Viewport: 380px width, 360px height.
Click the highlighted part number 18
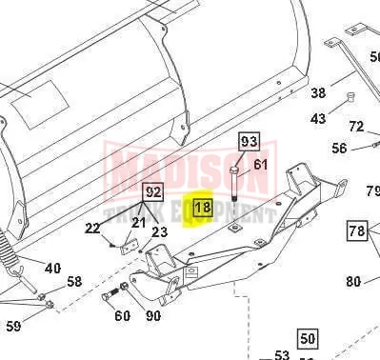point(203,208)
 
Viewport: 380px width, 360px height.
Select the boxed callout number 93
point(249,141)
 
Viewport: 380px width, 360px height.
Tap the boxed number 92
point(152,192)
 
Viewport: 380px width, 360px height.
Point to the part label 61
point(261,165)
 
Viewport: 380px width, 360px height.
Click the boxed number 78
point(357,230)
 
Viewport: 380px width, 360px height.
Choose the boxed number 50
point(308,338)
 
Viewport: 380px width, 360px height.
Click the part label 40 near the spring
point(52,269)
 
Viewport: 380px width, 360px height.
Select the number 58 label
point(74,282)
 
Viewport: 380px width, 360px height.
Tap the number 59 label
point(13,326)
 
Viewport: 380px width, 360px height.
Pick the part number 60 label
point(122,315)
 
